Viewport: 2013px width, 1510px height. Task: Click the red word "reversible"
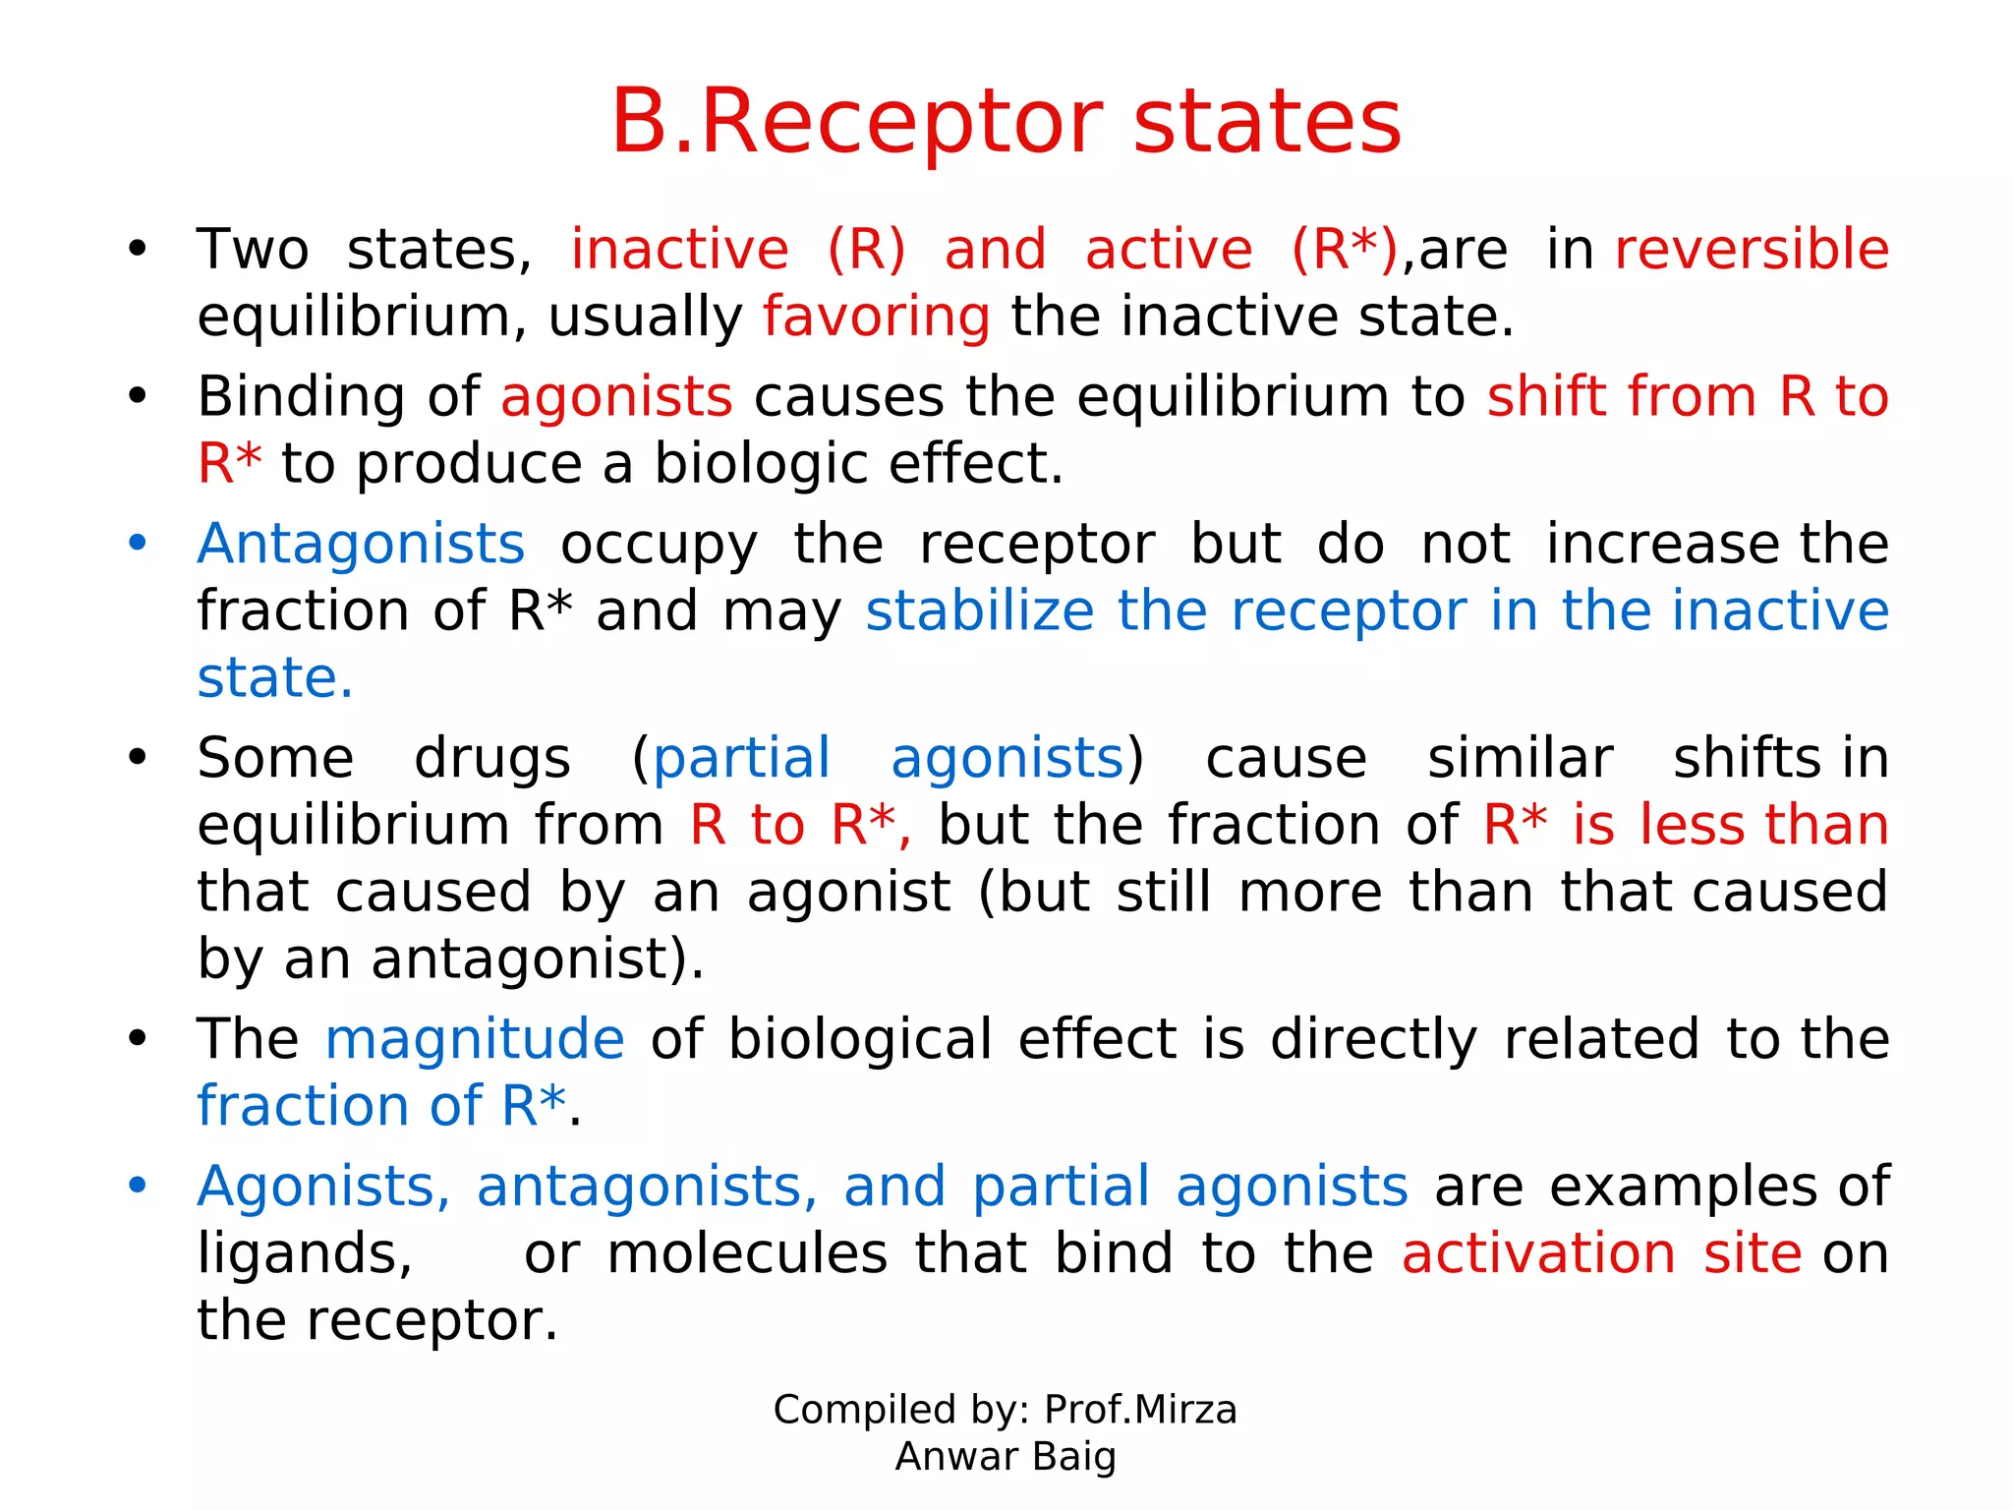pyautogui.click(x=1752, y=250)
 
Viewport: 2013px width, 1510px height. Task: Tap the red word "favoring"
pyautogui.click(x=876, y=318)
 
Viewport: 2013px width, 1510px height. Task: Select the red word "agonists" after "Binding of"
pyautogui.click(x=616, y=397)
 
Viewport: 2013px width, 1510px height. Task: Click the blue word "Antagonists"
pyautogui.click(x=361, y=544)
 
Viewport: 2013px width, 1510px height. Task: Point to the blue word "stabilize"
pyautogui.click(x=979, y=610)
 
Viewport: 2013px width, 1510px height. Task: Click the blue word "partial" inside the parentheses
pyautogui.click(x=742, y=758)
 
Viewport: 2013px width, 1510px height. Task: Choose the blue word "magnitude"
pyautogui.click(x=475, y=1039)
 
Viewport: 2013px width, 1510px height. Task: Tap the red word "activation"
pyautogui.click(x=1538, y=1253)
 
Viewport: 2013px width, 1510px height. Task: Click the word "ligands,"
pyautogui.click(x=305, y=1253)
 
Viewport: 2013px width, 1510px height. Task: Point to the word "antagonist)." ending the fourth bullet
pyautogui.click(x=538, y=958)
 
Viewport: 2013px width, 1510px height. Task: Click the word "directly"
pyautogui.click(x=1373, y=1039)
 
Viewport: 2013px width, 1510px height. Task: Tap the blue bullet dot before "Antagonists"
pyautogui.click(x=138, y=544)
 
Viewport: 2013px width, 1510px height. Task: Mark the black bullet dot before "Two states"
pyautogui.click(x=138, y=250)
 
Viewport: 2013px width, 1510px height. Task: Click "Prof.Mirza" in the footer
pyautogui.click(x=1140, y=1410)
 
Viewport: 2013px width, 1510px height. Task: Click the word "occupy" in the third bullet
pyautogui.click(x=659, y=544)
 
